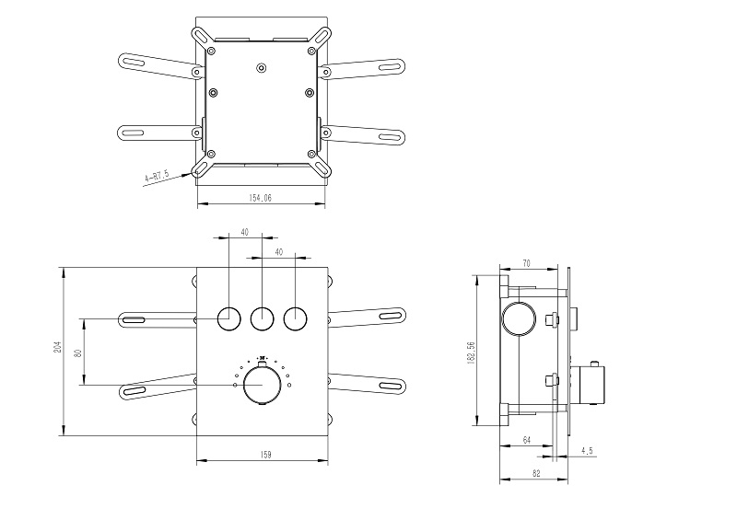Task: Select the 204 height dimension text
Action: click(57, 348)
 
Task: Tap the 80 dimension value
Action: click(78, 351)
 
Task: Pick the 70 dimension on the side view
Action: click(526, 263)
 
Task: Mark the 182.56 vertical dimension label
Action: click(472, 351)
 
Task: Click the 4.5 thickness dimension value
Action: click(588, 451)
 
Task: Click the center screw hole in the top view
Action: click(261, 66)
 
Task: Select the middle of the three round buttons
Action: click(262, 318)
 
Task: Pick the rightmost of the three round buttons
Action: click(295, 318)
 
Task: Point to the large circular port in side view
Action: click(519, 319)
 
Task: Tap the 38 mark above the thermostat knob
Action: click(262, 358)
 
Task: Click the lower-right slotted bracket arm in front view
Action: click(368, 384)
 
